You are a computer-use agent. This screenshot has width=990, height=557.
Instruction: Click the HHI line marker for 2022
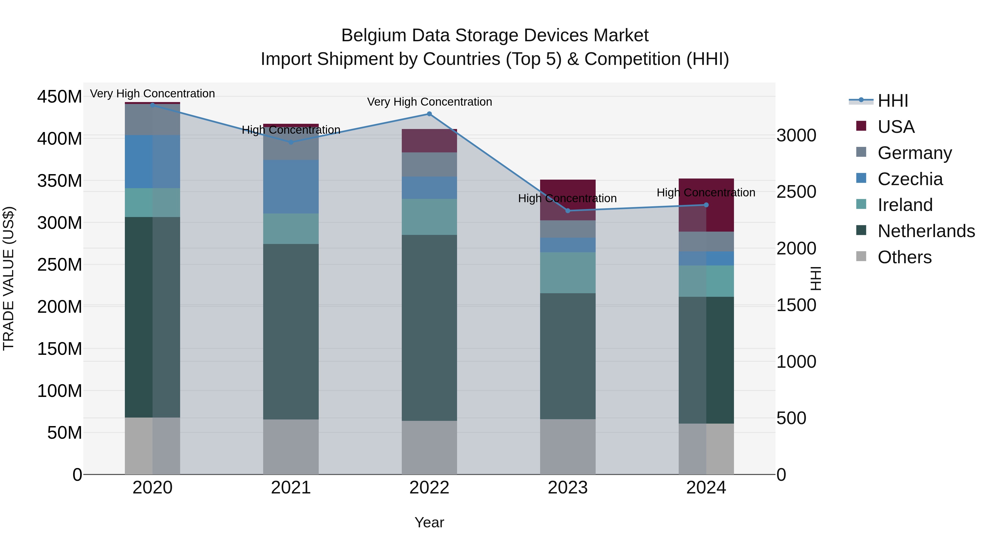pyautogui.click(x=429, y=114)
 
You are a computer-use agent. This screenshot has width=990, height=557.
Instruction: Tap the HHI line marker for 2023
pyautogui.click(x=568, y=211)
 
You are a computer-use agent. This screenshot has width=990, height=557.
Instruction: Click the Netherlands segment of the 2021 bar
pyautogui.click(x=291, y=331)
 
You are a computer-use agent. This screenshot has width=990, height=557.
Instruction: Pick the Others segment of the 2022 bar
pyautogui.click(x=429, y=448)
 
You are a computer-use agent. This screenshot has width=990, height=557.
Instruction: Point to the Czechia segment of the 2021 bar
pyautogui.click(x=291, y=186)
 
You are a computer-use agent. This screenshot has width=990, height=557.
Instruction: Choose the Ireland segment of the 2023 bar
pyautogui.click(x=568, y=273)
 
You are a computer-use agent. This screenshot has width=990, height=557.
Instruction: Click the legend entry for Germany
pyautogui.click(x=915, y=153)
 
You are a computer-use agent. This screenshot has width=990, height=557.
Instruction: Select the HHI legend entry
pyautogui.click(x=892, y=101)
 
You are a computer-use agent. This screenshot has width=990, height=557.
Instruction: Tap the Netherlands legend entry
pyautogui.click(x=926, y=231)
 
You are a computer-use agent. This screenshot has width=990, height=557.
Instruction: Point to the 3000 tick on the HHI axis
pyautogui.click(x=796, y=136)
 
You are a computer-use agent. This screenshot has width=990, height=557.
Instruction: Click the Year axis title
pyautogui.click(x=429, y=522)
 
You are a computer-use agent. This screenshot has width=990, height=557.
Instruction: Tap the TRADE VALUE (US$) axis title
pyautogui.click(x=9, y=278)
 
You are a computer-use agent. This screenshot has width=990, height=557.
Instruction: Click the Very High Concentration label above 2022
pyautogui.click(x=429, y=102)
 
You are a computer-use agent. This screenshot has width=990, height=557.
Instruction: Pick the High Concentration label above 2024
pyautogui.click(x=706, y=193)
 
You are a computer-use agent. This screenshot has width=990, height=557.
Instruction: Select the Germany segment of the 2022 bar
pyautogui.click(x=429, y=164)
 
